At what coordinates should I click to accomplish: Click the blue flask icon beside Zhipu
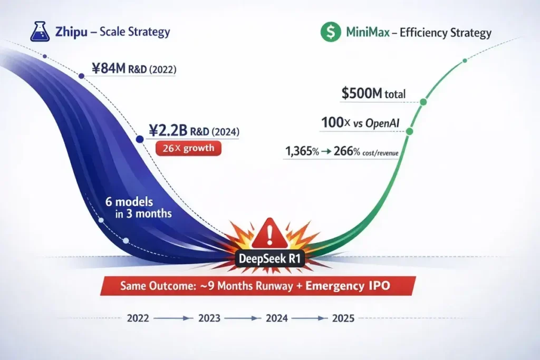click(x=40, y=32)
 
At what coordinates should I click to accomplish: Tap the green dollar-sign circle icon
click(x=331, y=32)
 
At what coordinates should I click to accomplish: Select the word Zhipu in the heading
click(x=71, y=32)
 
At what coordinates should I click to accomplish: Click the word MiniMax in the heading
click(x=368, y=32)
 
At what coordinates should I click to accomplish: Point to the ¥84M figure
click(x=109, y=69)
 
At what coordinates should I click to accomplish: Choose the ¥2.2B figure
click(x=168, y=131)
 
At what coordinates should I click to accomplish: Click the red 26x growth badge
click(x=188, y=148)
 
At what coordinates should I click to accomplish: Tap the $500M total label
click(x=374, y=93)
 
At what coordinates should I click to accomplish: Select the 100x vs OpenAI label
click(x=360, y=123)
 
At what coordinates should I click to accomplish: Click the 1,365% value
click(x=302, y=151)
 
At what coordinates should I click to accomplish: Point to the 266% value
click(x=347, y=151)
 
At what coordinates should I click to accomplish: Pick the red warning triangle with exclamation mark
click(x=269, y=233)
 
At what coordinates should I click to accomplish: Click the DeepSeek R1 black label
click(x=269, y=258)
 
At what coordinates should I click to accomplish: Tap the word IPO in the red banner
click(x=380, y=286)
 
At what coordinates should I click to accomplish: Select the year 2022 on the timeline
click(x=138, y=318)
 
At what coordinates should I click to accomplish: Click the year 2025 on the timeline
click(x=343, y=318)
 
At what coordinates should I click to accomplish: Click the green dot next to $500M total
click(x=423, y=102)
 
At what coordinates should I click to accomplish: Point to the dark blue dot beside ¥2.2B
click(x=139, y=139)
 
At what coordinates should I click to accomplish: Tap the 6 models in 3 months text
click(x=139, y=208)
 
